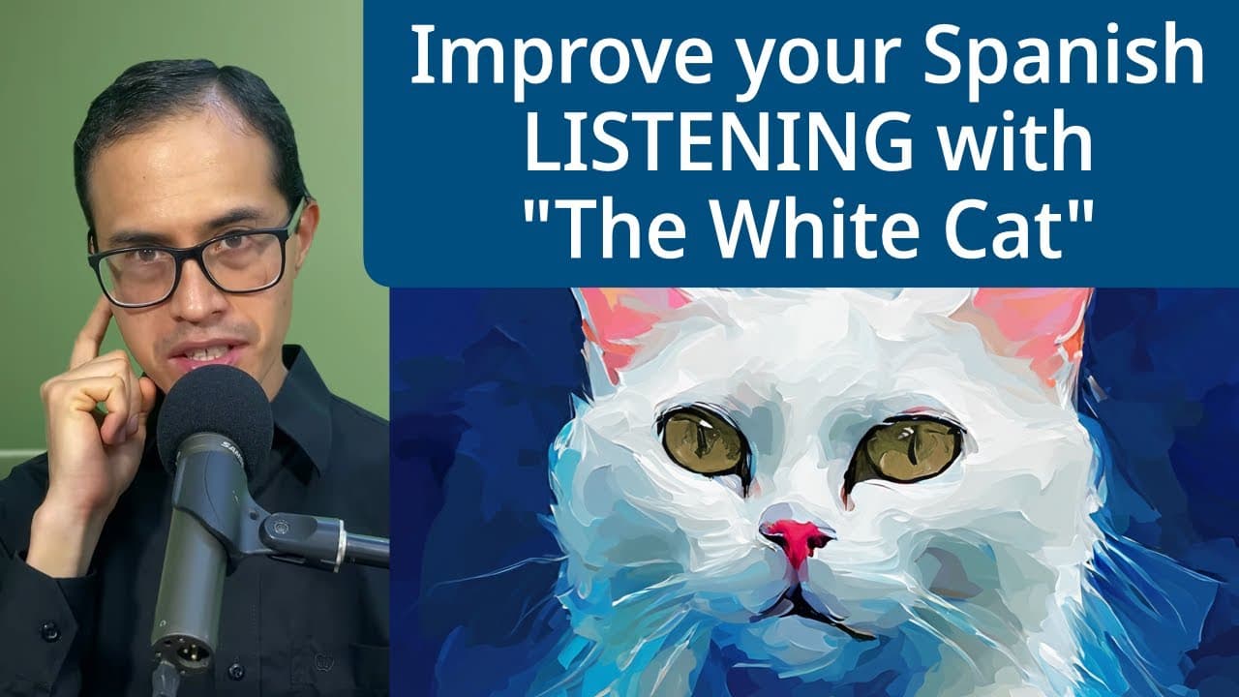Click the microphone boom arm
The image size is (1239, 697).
tap(310, 537)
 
